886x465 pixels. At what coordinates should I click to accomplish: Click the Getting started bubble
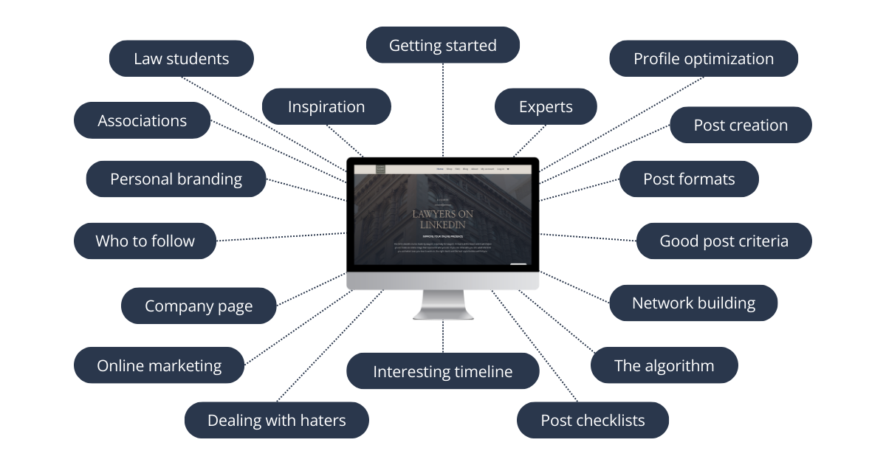point(443,46)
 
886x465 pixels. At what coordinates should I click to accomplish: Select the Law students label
point(182,59)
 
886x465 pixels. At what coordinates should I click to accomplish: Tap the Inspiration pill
point(326,106)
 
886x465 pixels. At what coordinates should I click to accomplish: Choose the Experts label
point(546,106)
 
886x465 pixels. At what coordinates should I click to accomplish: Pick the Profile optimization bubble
point(704,59)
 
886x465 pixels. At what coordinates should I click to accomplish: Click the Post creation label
point(741,125)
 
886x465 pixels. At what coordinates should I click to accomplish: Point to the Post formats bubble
point(689,179)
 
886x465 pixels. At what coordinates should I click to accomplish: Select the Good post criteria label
point(724,241)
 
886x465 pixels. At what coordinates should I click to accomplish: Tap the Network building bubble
point(693,303)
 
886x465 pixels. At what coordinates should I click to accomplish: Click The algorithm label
point(664,365)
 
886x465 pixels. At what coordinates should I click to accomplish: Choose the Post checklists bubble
point(593,421)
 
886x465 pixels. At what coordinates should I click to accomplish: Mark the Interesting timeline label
point(443,371)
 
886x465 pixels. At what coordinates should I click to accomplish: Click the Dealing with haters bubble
point(277,421)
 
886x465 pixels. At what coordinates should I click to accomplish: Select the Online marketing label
point(159,365)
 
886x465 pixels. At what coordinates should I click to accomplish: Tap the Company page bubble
point(199,306)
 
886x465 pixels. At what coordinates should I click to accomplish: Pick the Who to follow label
point(145,241)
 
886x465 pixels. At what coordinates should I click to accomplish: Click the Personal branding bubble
point(176,179)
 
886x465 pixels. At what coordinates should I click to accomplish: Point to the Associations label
point(142,121)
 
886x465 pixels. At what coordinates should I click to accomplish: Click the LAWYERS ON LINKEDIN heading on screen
point(443,219)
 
